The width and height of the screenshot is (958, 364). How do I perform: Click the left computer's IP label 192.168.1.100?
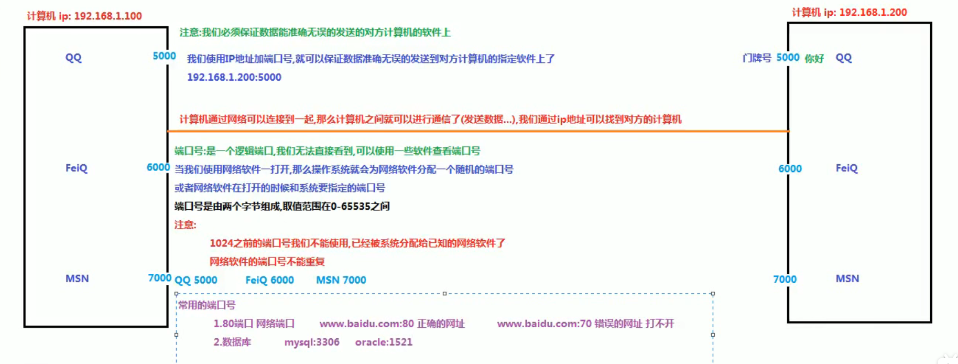(x=107, y=16)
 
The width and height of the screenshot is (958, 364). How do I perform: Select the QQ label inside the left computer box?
(x=73, y=58)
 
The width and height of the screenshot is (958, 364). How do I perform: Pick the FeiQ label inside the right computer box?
(x=846, y=168)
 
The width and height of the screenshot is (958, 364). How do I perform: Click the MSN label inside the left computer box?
(x=77, y=279)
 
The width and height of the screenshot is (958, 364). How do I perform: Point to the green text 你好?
(x=814, y=59)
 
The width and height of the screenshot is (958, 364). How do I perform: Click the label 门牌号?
(x=757, y=58)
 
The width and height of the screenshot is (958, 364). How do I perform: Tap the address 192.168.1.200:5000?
(x=234, y=77)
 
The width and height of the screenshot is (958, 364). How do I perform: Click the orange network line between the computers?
(x=472, y=131)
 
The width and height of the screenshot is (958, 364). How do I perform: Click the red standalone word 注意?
(x=185, y=225)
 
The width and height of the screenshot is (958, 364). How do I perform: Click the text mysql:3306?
(x=312, y=342)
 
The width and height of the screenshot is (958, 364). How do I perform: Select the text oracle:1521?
(x=384, y=342)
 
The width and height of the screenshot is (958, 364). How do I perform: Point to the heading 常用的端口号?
(x=207, y=305)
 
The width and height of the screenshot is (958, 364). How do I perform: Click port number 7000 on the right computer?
(x=785, y=280)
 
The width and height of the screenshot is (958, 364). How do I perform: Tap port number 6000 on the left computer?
(x=158, y=167)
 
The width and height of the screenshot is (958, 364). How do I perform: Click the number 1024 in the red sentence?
(x=221, y=243)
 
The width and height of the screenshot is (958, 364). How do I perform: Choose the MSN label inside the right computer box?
(x=847, y=279)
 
